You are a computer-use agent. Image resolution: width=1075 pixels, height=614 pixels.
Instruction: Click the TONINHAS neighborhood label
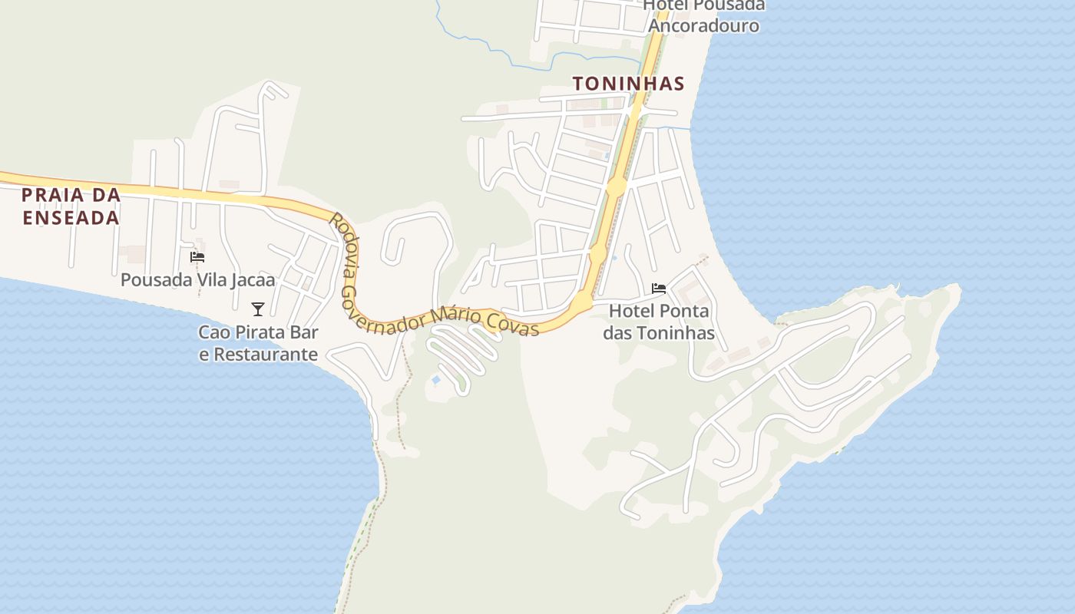628,84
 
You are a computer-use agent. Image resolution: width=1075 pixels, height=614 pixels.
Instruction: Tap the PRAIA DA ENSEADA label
71,206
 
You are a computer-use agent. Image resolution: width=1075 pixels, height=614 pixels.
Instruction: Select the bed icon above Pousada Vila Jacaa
197,257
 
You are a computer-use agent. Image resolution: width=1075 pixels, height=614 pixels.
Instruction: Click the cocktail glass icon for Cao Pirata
258,309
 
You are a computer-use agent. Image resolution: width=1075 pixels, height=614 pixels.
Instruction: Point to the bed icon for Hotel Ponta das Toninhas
659,289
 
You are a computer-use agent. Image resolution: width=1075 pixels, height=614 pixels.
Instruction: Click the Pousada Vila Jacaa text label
197,279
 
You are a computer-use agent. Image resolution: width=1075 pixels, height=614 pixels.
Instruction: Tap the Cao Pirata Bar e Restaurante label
258,343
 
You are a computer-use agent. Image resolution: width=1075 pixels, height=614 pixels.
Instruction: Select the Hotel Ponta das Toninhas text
659,322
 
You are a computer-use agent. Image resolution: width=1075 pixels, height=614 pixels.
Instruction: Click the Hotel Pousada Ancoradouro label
703,15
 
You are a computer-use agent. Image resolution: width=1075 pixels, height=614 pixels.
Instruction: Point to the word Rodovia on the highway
342,244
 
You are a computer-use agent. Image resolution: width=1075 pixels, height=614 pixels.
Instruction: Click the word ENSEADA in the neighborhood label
71,218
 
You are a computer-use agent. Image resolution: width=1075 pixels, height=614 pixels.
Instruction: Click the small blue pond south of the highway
436,380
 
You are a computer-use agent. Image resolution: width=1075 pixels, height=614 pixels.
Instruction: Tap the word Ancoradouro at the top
703,25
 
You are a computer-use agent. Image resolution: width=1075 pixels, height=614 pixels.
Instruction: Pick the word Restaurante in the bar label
265,354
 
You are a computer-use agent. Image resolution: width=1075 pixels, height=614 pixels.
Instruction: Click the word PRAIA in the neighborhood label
48,195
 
